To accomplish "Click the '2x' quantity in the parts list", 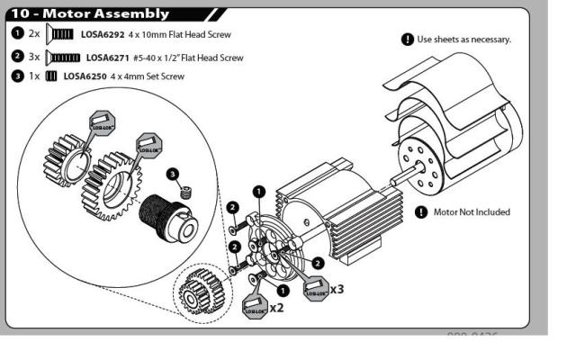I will click(x=34, y=34).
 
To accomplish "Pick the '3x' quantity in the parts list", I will click(x=34, y=56).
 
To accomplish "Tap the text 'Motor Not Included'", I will click(x=472, y=212).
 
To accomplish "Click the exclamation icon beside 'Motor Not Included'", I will click(x=420, y=212).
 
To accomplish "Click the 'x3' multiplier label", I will click(x=337, y=290).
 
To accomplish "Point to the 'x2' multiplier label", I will click(x=277, y=308).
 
